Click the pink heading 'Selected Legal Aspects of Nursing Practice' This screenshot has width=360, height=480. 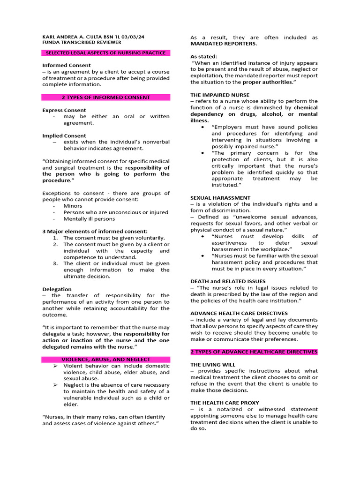(105, 53)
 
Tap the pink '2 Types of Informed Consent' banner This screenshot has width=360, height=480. (105, 97)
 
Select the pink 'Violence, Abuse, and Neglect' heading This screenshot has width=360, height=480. (105, 360)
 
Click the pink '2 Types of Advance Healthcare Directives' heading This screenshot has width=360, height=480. (254, 352)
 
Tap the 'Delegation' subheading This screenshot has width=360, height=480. (57, 289)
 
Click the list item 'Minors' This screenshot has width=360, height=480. (73, 206)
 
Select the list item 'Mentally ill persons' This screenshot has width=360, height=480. (89, 219)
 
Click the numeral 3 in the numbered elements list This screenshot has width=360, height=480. (55, 263)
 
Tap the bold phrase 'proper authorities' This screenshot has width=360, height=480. (267, 82)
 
